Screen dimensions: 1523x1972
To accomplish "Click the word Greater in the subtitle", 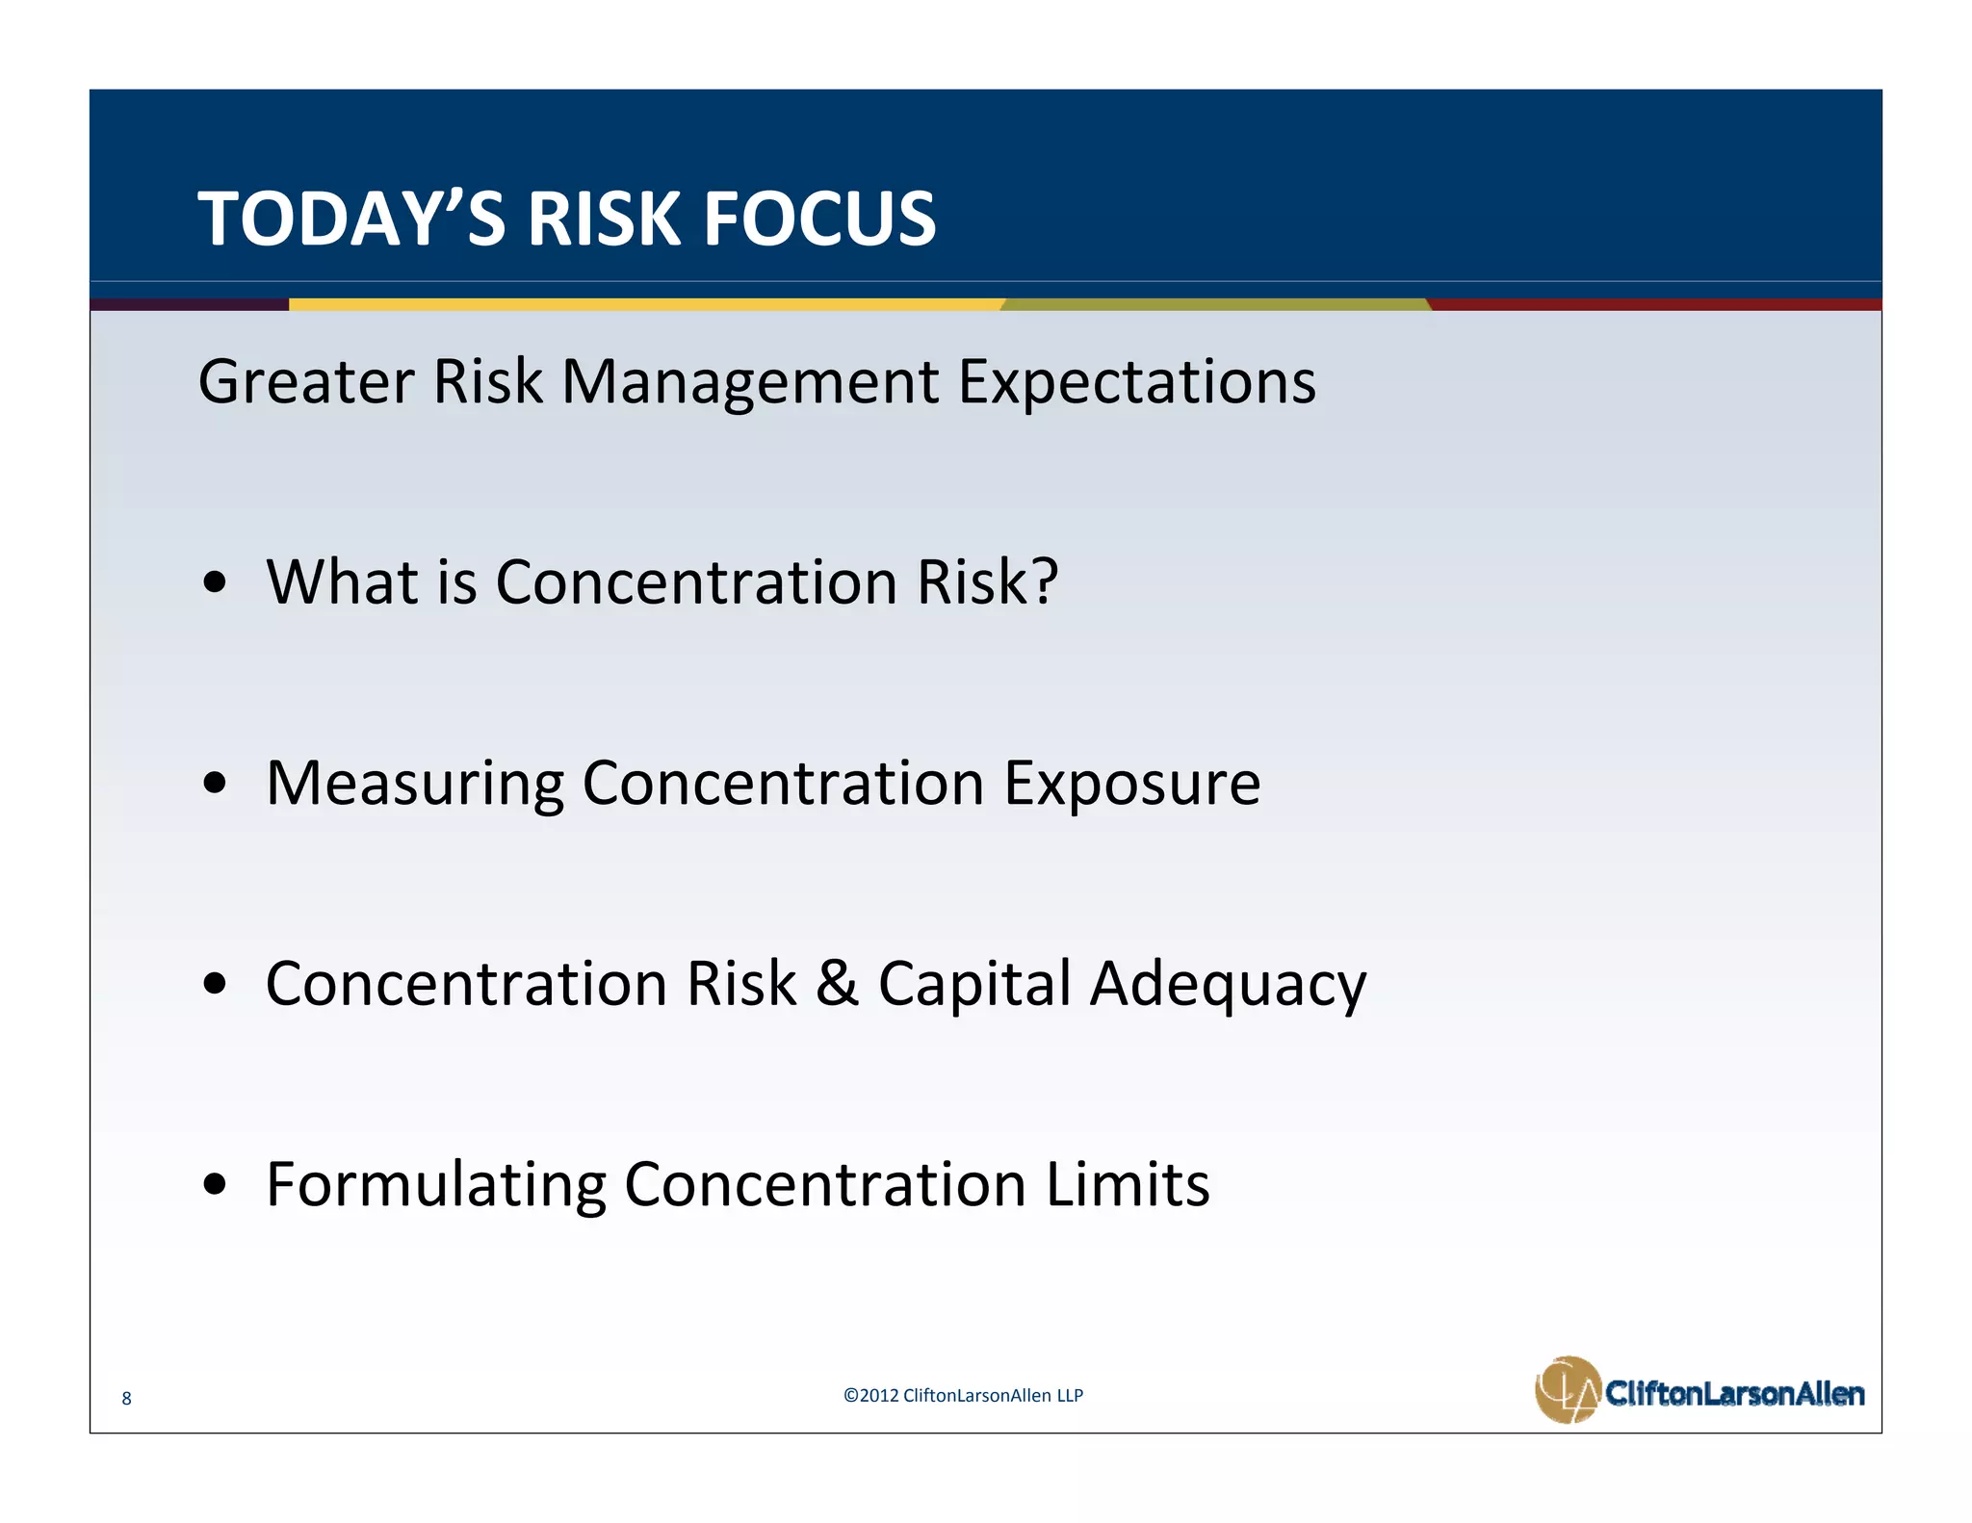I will point(305,381).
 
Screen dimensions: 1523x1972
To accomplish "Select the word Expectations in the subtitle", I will point(1136,381).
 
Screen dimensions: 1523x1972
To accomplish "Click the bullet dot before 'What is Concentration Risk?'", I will point(216,582).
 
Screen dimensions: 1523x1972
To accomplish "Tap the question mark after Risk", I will point(1044,581).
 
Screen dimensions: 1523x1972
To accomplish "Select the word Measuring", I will point(414,784).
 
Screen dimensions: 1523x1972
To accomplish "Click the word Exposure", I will point(1132,784).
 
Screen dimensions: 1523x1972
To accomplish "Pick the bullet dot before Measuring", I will point(216,784).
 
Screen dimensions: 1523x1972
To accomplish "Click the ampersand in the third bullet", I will point(836,983).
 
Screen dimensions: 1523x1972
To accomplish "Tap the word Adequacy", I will point(1228,985).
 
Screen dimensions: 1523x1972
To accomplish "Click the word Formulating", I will point(435,1184).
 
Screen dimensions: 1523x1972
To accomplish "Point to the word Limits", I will point(1128,1184).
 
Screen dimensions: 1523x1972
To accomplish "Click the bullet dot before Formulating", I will point(216,1184).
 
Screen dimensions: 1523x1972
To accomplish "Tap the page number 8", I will point(126,1399).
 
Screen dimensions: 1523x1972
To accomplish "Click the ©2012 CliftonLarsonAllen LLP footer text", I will point(963,1395).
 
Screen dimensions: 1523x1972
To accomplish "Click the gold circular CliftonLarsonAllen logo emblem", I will point(1567,1389).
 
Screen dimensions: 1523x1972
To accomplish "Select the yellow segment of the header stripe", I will point(645,304).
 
